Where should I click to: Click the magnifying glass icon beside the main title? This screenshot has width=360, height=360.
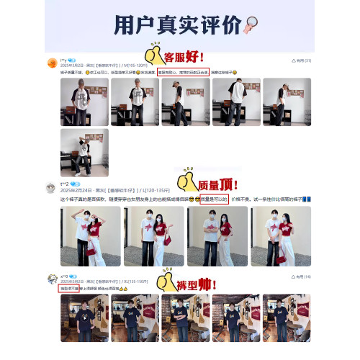tap(252, 25)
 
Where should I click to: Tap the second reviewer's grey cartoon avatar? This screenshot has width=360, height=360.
tap(52, 188)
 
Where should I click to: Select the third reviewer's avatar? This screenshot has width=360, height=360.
tap(52, 279)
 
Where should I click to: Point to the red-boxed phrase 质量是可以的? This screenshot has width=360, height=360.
tap(214, 198)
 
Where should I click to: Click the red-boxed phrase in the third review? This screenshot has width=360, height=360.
tap(71, 288)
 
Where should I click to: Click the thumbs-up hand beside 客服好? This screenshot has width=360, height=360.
tap(153, 55)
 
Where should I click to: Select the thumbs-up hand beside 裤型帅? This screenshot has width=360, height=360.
tap(166, 282)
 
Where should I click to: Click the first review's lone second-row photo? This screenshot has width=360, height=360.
tap(84, 153)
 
